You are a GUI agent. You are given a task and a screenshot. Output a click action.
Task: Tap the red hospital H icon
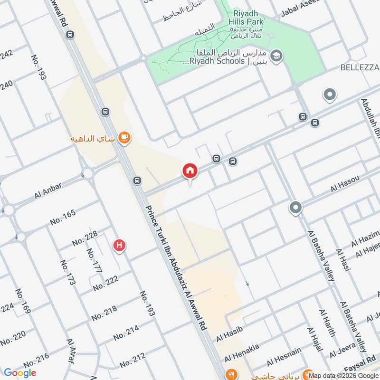119,245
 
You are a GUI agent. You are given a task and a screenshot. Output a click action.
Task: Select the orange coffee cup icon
124,138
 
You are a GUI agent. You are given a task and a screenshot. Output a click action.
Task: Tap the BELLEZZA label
360,68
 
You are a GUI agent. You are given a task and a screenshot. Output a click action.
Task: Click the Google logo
20,372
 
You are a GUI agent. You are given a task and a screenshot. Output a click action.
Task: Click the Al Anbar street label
48,190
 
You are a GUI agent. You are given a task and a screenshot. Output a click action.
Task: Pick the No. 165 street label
63,217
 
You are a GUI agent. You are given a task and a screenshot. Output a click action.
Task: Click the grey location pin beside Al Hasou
295,208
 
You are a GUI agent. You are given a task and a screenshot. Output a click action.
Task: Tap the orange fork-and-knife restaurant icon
231,373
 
